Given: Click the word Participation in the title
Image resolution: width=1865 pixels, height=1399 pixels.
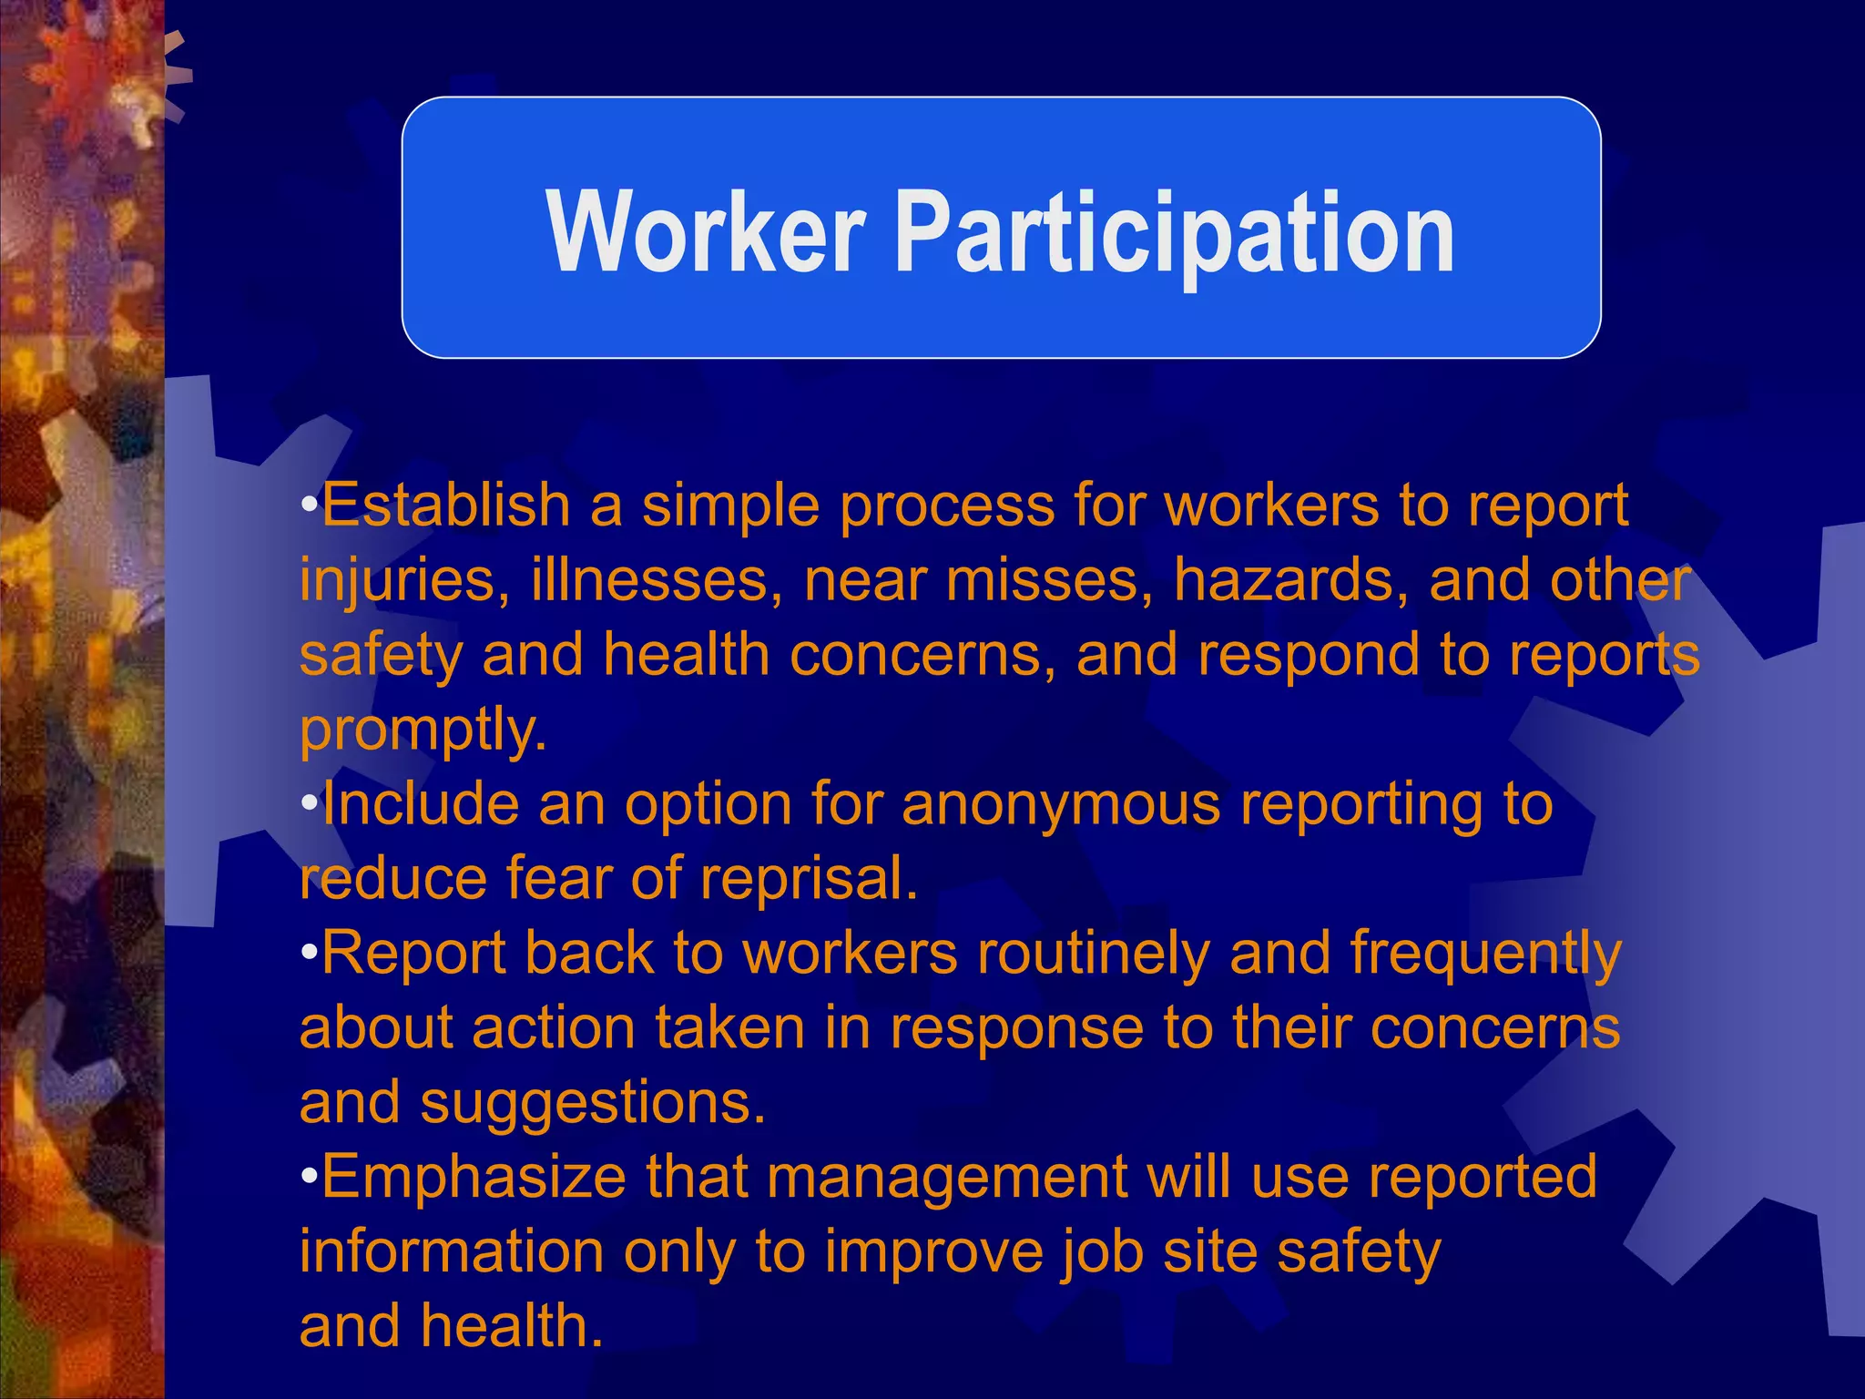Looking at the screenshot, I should point(1175,234).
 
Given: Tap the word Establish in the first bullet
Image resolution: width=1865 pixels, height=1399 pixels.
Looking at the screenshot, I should point(445,505).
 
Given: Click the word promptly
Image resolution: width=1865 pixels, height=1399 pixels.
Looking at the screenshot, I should point(423,731).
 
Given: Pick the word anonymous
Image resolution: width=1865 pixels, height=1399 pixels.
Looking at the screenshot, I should point(1061,805).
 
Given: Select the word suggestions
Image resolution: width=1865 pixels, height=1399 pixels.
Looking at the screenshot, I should point(592,1104).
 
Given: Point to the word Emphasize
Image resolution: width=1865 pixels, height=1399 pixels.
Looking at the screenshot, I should point(474,1178).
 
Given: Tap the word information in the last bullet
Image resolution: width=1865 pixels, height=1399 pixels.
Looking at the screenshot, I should point(452,1252).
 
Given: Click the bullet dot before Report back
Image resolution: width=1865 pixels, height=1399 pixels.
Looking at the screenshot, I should point(310,954).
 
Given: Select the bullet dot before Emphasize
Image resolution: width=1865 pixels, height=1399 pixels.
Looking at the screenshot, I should point(310,1177).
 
